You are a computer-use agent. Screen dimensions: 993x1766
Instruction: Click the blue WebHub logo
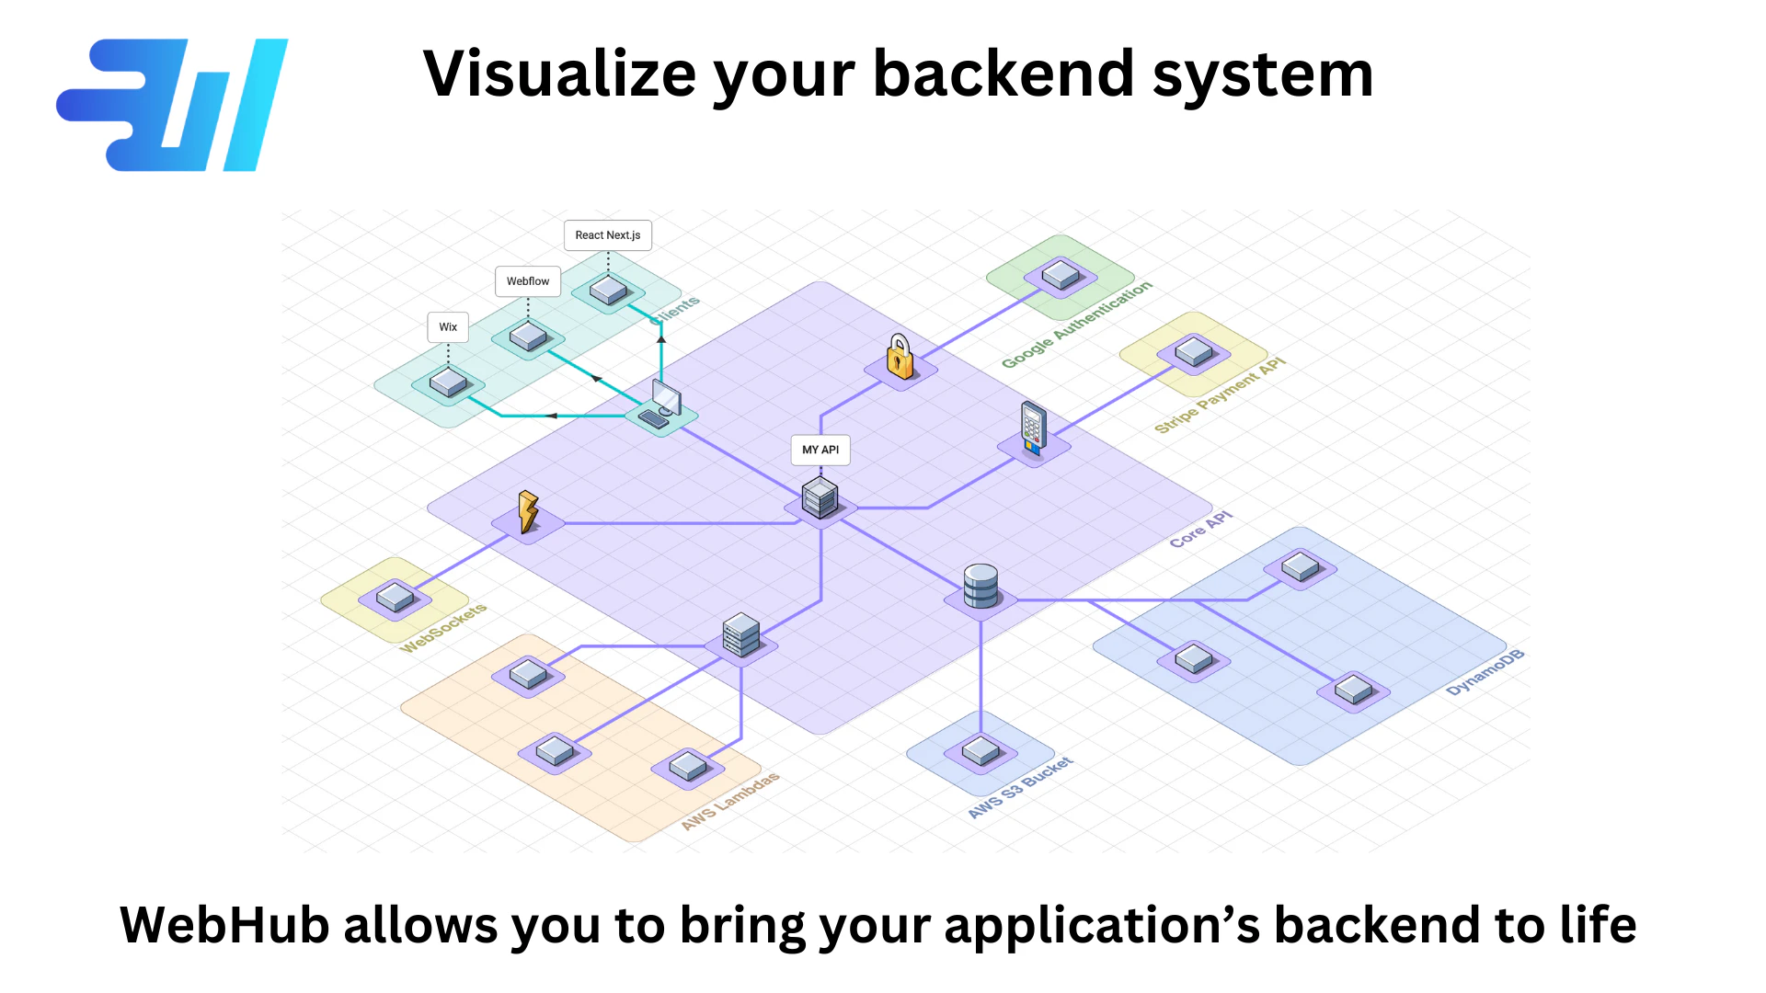(x=173, y=105)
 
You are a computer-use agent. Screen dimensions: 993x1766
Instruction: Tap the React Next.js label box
(x=608, y=235)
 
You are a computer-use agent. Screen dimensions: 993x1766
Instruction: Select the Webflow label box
(x=528, y=281)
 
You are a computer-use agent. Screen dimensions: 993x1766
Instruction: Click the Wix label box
(x=448, y=327)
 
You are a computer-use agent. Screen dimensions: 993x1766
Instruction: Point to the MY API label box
(x=820, y=450)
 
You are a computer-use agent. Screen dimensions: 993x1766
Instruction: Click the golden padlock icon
(x=900, y=358)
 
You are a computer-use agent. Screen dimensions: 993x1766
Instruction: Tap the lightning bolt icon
(x=528, y=511)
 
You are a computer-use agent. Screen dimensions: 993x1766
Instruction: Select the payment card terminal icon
(x=1033, y=428)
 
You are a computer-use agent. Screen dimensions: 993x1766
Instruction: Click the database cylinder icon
(x=980, y=586)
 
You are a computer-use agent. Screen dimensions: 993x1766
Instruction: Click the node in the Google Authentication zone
(x=1061, y=274)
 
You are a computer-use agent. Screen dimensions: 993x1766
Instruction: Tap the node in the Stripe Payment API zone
(x=1194, y=351)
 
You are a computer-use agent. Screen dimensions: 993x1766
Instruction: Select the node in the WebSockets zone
(x=396, y=598)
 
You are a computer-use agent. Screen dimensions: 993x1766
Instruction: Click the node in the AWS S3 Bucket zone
(x=980, y=751)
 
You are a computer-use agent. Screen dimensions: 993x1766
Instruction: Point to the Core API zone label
(x=1200, y=530)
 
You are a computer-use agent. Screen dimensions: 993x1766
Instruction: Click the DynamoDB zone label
(x=1485, y=672)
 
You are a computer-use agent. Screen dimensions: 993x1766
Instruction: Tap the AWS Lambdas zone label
(x=730, y=801)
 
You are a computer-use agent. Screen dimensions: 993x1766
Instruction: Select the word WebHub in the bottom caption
(x=224, y=925)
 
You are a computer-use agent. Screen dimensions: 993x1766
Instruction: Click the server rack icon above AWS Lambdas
(x=741, y=634)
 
